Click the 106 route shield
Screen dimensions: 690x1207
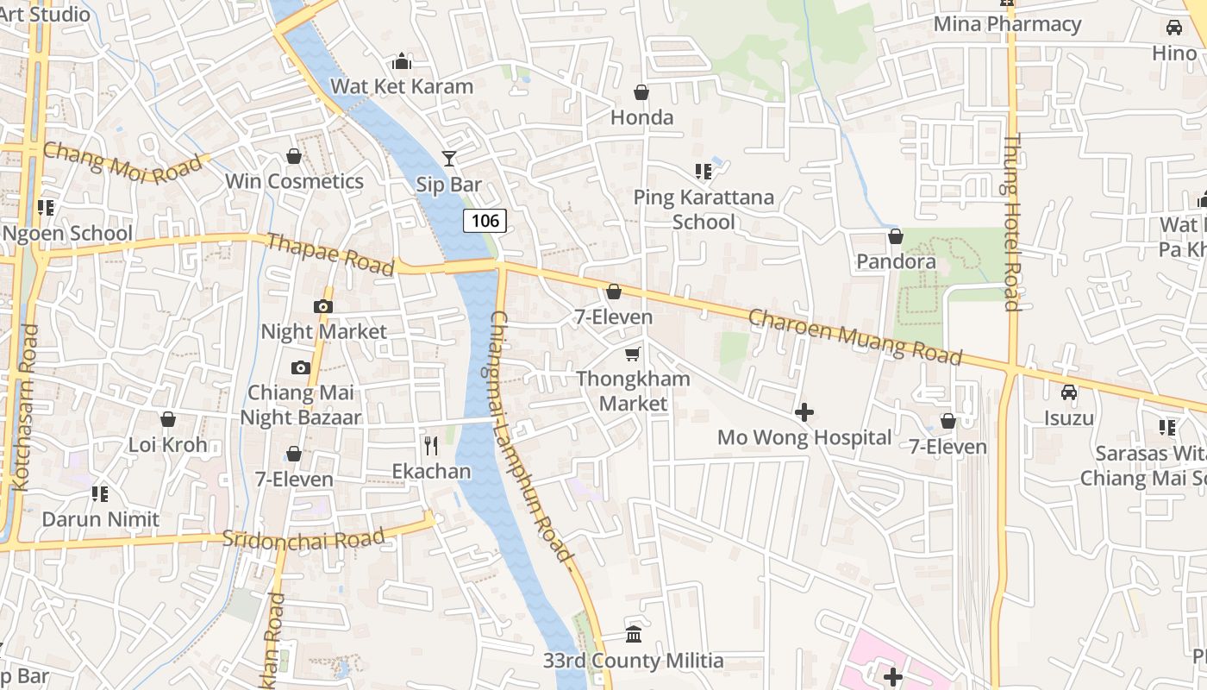[x=485, y=221]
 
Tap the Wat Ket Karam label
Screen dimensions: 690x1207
[x=402, y=86]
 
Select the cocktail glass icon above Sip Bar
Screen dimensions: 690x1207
[x=448, y=158]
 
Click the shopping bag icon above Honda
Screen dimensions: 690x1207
[x=641, y=92]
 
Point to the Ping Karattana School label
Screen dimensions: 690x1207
[x=704, y=210]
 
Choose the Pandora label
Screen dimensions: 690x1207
[x=896, y=261]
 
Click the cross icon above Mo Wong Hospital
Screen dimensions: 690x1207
[x=804, y=413]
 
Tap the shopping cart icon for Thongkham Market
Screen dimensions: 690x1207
[x=633, y=354]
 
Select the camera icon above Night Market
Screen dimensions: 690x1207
[x=323, y=306]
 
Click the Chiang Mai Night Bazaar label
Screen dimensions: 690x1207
[x=300, y=405]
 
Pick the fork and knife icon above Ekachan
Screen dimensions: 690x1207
[x=431, y=446]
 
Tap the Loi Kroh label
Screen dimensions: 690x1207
[x=167, y=445]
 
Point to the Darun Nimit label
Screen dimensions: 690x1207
[x=101, y=519]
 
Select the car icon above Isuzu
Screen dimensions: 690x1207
[x=1069, y=392]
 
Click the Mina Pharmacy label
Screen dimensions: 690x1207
[x=1007, y=24]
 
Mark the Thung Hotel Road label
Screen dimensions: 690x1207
[x=1012, y=222]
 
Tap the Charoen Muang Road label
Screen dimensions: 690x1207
[x=854, y=336]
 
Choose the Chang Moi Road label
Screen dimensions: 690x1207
[x=126, y=162]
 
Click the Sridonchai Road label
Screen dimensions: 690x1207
[x=303, y=539]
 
